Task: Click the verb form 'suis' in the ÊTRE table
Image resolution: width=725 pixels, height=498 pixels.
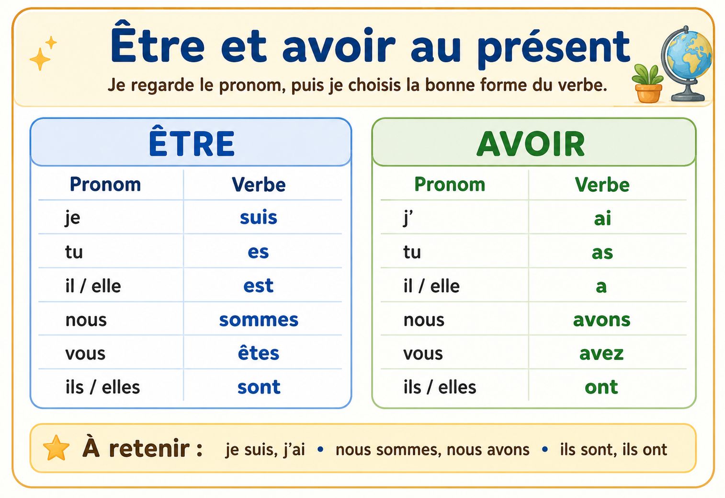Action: (x=258, y=217)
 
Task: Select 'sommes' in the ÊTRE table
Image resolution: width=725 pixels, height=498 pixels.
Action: (x=259, y=320)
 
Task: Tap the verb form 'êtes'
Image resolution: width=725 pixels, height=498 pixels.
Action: (x=258, y=353)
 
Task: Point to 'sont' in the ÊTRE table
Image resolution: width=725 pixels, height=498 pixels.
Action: (x=259, y=387)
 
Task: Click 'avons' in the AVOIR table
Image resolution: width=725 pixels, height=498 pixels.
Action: (x=601, y=320)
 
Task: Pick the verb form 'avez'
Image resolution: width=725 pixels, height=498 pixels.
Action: (x=601, y=354)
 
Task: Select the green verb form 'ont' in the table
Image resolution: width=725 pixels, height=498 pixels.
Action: (x=601, y=387)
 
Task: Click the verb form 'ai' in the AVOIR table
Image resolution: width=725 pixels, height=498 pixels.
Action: (x=602, y=218)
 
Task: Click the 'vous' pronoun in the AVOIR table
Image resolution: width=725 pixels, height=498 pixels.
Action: (x=423, y=354)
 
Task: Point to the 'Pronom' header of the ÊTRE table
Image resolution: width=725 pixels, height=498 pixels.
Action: (x=105, y=185)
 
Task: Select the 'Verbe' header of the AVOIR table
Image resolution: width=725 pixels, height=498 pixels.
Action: (x=602, y=185)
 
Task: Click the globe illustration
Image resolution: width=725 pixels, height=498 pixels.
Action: (x=687, y=63)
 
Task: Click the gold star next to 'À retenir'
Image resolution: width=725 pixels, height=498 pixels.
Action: (x=57, y=448)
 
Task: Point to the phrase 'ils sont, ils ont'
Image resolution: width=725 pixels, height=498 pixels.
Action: (x=613, y=450)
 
